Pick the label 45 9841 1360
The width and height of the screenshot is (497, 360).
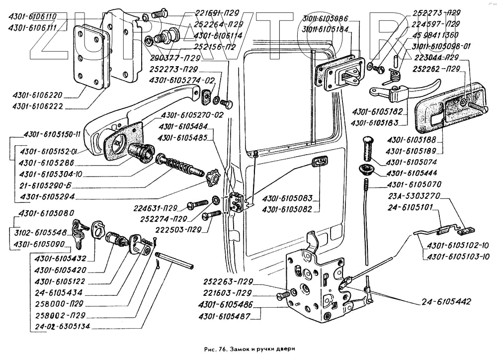[435, 35]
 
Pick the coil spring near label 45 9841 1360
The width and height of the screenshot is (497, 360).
[395, 75]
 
